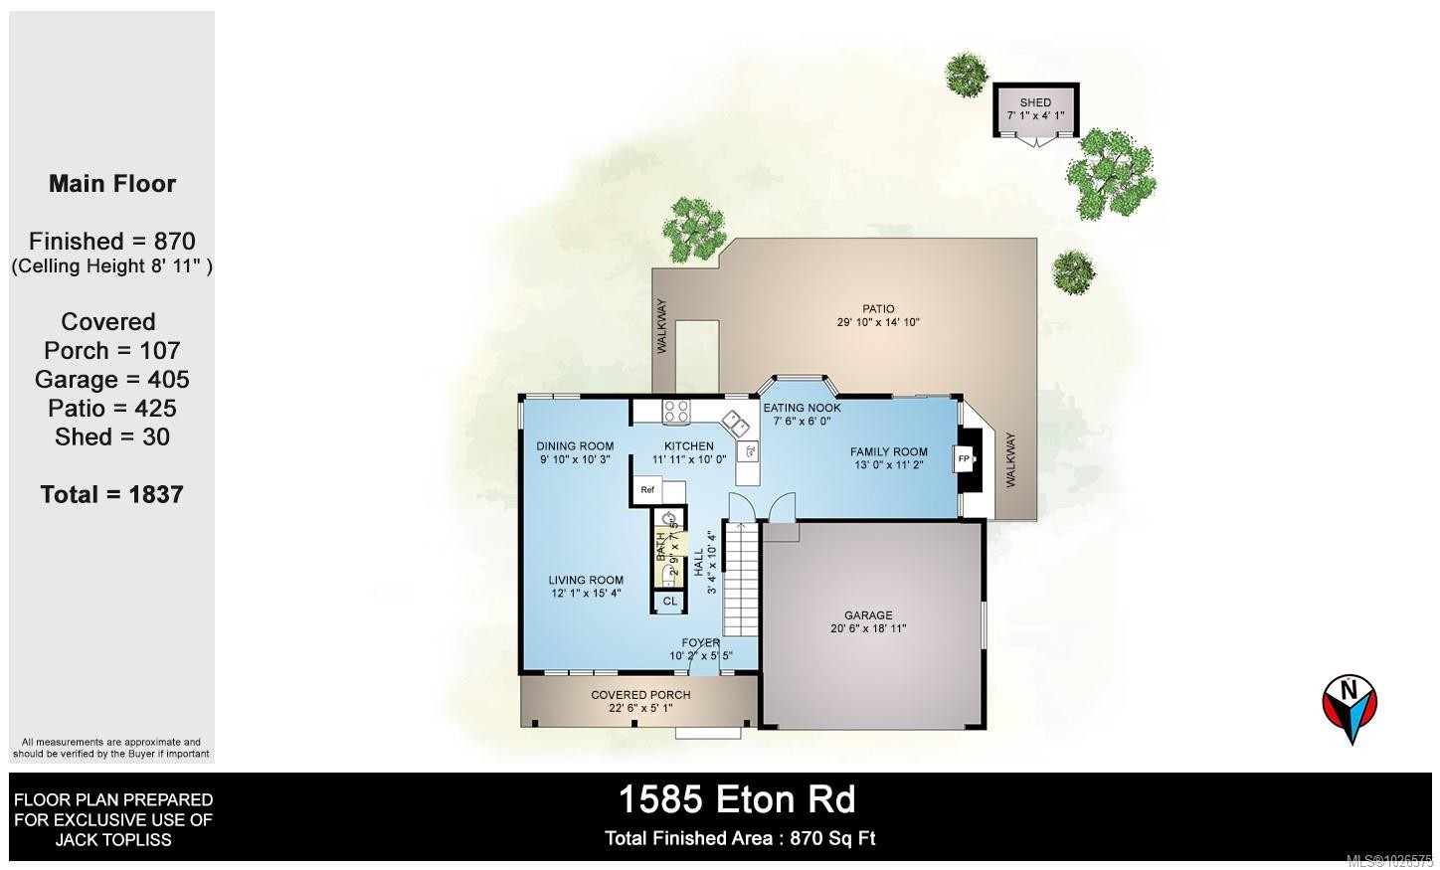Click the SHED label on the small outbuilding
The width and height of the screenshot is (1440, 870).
click(1035, 102)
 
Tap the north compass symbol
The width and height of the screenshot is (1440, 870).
click(1350, 707)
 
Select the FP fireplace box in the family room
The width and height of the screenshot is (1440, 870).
click(964, 458)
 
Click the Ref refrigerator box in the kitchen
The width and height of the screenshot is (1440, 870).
click(647, 489)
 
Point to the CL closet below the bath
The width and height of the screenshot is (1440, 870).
click(669, 601)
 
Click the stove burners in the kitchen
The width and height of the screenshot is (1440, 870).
click(677, 411)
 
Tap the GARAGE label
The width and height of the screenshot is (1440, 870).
click(868, 615)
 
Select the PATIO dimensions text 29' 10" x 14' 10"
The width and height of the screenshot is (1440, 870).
click(878, 322)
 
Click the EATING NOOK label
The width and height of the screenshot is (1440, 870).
click(802, 408)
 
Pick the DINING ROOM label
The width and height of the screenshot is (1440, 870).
click(575, 446)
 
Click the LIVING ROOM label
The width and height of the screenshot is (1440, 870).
click(586, 581)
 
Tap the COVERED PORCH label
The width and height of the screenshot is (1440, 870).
click(640, 695)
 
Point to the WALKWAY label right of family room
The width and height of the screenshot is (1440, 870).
click(1011, 458)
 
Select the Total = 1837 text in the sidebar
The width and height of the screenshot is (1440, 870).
click(111, 494)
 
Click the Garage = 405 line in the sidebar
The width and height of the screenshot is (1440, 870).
click(111, 379)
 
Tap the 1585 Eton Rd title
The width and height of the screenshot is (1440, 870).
click(736, 799)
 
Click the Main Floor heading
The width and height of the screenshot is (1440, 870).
click(112, 184)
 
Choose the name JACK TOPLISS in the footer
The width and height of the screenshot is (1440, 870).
click(112, 839)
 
